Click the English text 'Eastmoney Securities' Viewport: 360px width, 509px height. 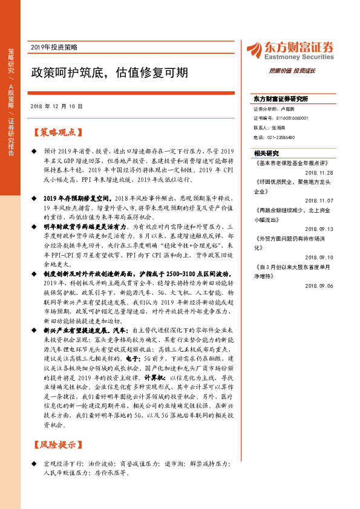click(x=299, y=57)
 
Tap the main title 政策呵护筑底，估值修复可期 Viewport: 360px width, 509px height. click(x=110, y=73)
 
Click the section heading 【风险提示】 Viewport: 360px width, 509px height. click(x=58, y=445)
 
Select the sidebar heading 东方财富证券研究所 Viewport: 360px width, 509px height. click(x=281, y=99)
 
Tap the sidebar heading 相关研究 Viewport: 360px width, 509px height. click(x=266, y=153)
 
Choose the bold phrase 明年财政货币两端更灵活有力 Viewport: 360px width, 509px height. click(x=85, y=225)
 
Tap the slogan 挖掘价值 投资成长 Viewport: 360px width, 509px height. click(x=292, y=71)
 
